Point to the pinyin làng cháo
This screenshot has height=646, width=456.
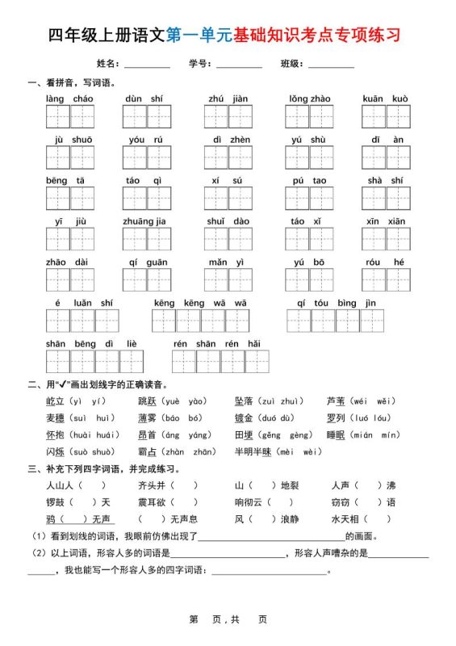pos(69,99)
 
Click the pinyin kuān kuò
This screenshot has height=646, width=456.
pos(385,99)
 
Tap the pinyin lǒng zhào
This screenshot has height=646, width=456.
pos(309,99)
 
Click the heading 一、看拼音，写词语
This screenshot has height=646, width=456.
pos(71,82)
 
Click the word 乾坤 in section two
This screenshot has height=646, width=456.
pos(56,401)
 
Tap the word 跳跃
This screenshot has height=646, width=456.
pos(148,401)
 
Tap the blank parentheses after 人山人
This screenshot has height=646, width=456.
pos(92,485)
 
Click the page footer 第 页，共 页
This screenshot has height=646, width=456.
pos(228,619)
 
